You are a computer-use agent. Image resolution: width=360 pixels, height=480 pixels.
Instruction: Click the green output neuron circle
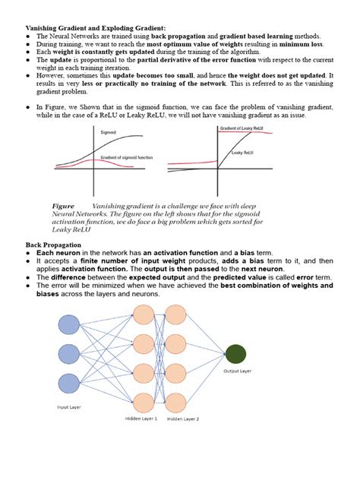235,353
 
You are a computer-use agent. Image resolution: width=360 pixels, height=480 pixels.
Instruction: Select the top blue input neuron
68,324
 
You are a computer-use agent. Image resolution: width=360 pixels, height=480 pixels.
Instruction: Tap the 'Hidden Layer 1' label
141,418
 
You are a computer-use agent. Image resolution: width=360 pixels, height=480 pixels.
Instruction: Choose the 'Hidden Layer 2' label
183,418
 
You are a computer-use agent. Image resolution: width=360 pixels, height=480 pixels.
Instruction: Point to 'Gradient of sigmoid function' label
126,158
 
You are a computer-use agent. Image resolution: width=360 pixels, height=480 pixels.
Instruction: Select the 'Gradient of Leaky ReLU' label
242,129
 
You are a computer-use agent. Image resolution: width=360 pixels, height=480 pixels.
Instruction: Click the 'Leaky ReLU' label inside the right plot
243,153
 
